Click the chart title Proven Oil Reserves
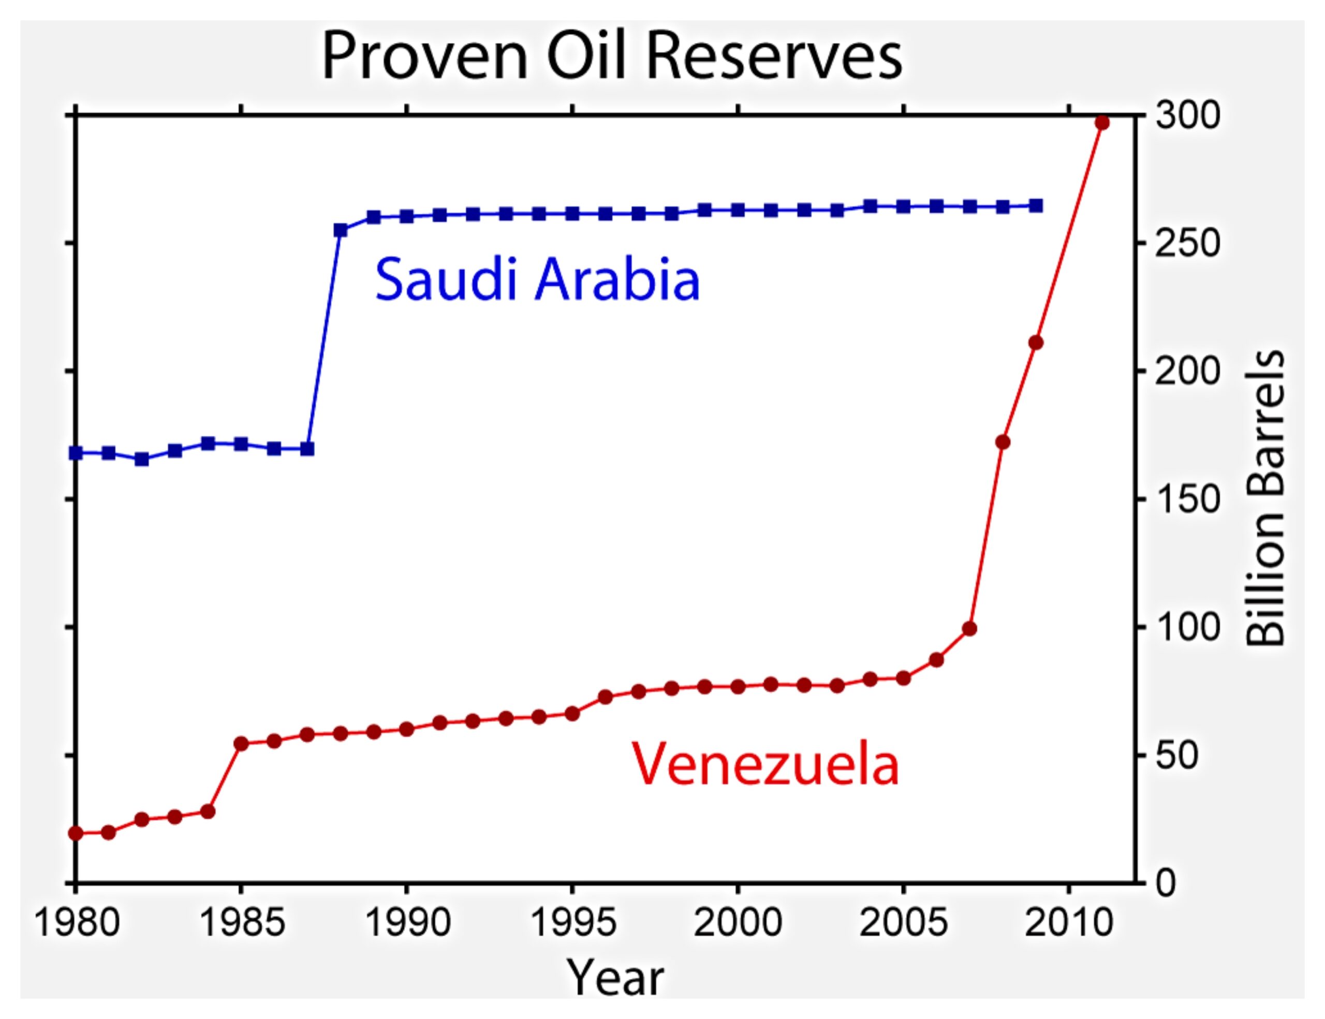point(612,56)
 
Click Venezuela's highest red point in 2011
point(1102,123)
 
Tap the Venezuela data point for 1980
point(76,833)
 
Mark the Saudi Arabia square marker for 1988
point(341,230)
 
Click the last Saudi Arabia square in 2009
point(1036,206)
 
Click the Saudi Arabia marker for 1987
point(307,449)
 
